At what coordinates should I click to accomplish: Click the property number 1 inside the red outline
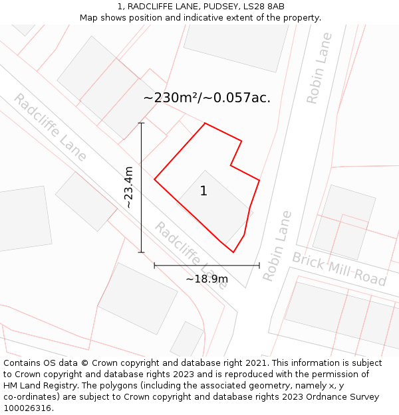click(203, 191)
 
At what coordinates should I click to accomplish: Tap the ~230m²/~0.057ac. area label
click(207, 98)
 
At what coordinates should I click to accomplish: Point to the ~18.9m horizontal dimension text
click(206, 279)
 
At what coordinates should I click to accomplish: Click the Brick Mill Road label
click(339, 269)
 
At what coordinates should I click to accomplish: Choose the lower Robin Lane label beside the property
click(277, 246)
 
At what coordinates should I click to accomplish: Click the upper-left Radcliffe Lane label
click(50, 127)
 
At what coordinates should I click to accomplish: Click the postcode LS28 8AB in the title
click(264, 7)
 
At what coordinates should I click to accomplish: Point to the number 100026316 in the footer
click(26, 408)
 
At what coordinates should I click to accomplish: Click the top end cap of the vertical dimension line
click(141, 123)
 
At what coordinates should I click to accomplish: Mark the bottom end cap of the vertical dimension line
click(141, 252)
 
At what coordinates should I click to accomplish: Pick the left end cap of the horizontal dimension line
click(154, 266)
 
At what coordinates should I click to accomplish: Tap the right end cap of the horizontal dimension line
click(259, 266)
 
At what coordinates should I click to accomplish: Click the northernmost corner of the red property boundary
click(205, 124)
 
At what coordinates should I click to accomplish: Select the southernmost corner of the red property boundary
click(233, 252)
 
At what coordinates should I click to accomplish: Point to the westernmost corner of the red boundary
click(154, 179)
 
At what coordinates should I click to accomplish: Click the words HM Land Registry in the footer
click(37, 385)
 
